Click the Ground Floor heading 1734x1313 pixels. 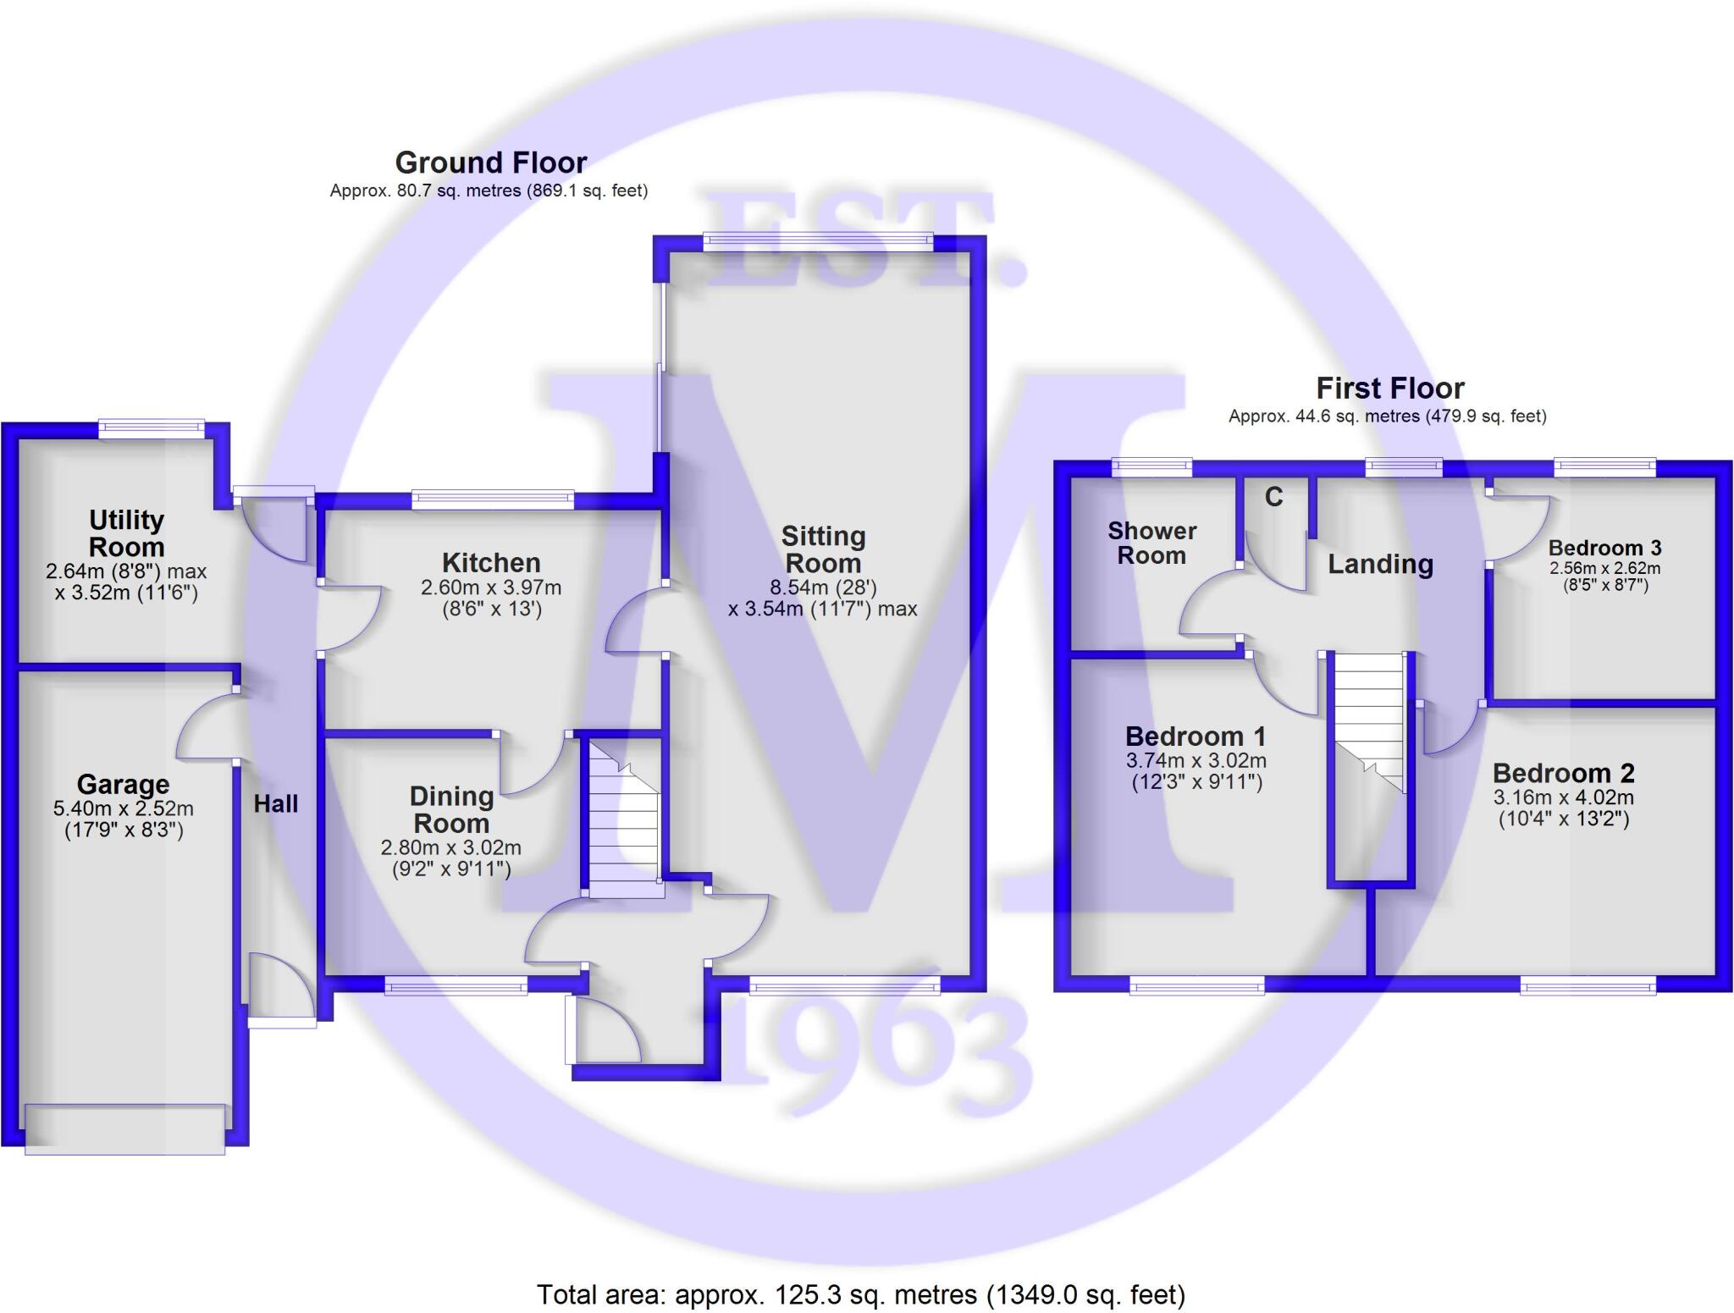point(490,163)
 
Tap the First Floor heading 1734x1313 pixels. point(1389,389)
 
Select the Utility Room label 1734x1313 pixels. point(126,533)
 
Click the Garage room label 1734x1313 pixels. point(123,785)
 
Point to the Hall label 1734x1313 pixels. point(276,804)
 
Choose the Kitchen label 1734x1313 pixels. point(491,563)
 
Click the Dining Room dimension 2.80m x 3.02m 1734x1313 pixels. point(450,847)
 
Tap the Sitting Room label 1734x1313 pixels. point(823,549)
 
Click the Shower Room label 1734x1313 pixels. point(1151,543)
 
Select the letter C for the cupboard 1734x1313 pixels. point(1273,497)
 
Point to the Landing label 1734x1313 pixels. point(1380,565)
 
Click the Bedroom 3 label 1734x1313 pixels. point(1604,548)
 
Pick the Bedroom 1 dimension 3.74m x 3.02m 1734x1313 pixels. point(1196,761)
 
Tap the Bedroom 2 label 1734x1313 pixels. point(1563,773)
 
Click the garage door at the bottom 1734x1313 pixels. point(125,1128)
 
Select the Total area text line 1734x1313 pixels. point(861,1294)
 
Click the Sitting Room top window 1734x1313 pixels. point(818,241)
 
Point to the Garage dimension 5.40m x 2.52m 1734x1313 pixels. point(124,808)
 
